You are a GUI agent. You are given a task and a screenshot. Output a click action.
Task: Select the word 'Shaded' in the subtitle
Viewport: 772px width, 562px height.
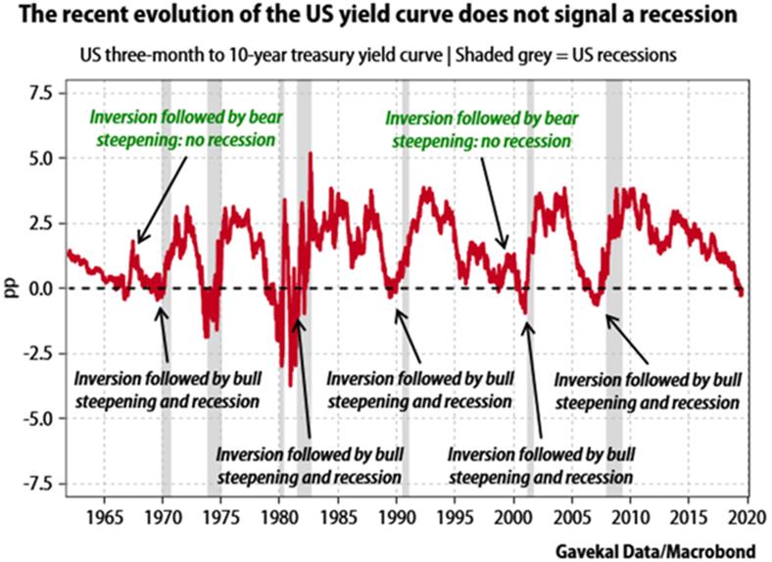click(x=457, y=53)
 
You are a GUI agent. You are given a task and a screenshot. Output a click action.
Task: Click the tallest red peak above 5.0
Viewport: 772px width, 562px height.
click(x=311, y=154)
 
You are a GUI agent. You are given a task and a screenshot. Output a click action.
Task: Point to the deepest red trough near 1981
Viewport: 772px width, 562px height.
click(x=290, y=384)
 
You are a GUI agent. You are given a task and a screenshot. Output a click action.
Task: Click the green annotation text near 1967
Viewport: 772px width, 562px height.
click(x=182, y=128)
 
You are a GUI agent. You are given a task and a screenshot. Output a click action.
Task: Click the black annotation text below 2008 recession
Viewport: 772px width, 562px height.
click(x=646, y=390)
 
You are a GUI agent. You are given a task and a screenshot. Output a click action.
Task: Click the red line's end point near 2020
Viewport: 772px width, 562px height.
click(x=742, y=293)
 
